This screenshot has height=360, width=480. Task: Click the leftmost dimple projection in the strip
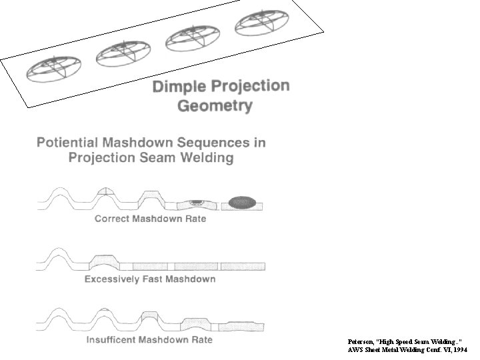click(x=54, y=69)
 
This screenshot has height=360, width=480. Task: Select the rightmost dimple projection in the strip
click(x=261, y=23)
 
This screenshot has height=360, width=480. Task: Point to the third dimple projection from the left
click(x=193, y=38)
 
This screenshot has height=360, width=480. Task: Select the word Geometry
click(x=215, y=105)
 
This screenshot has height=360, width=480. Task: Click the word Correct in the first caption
click(x=115, y=219)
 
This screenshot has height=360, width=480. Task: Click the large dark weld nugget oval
click(x=243, y=201)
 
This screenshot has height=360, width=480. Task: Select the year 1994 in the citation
click(x=459, y=349)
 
